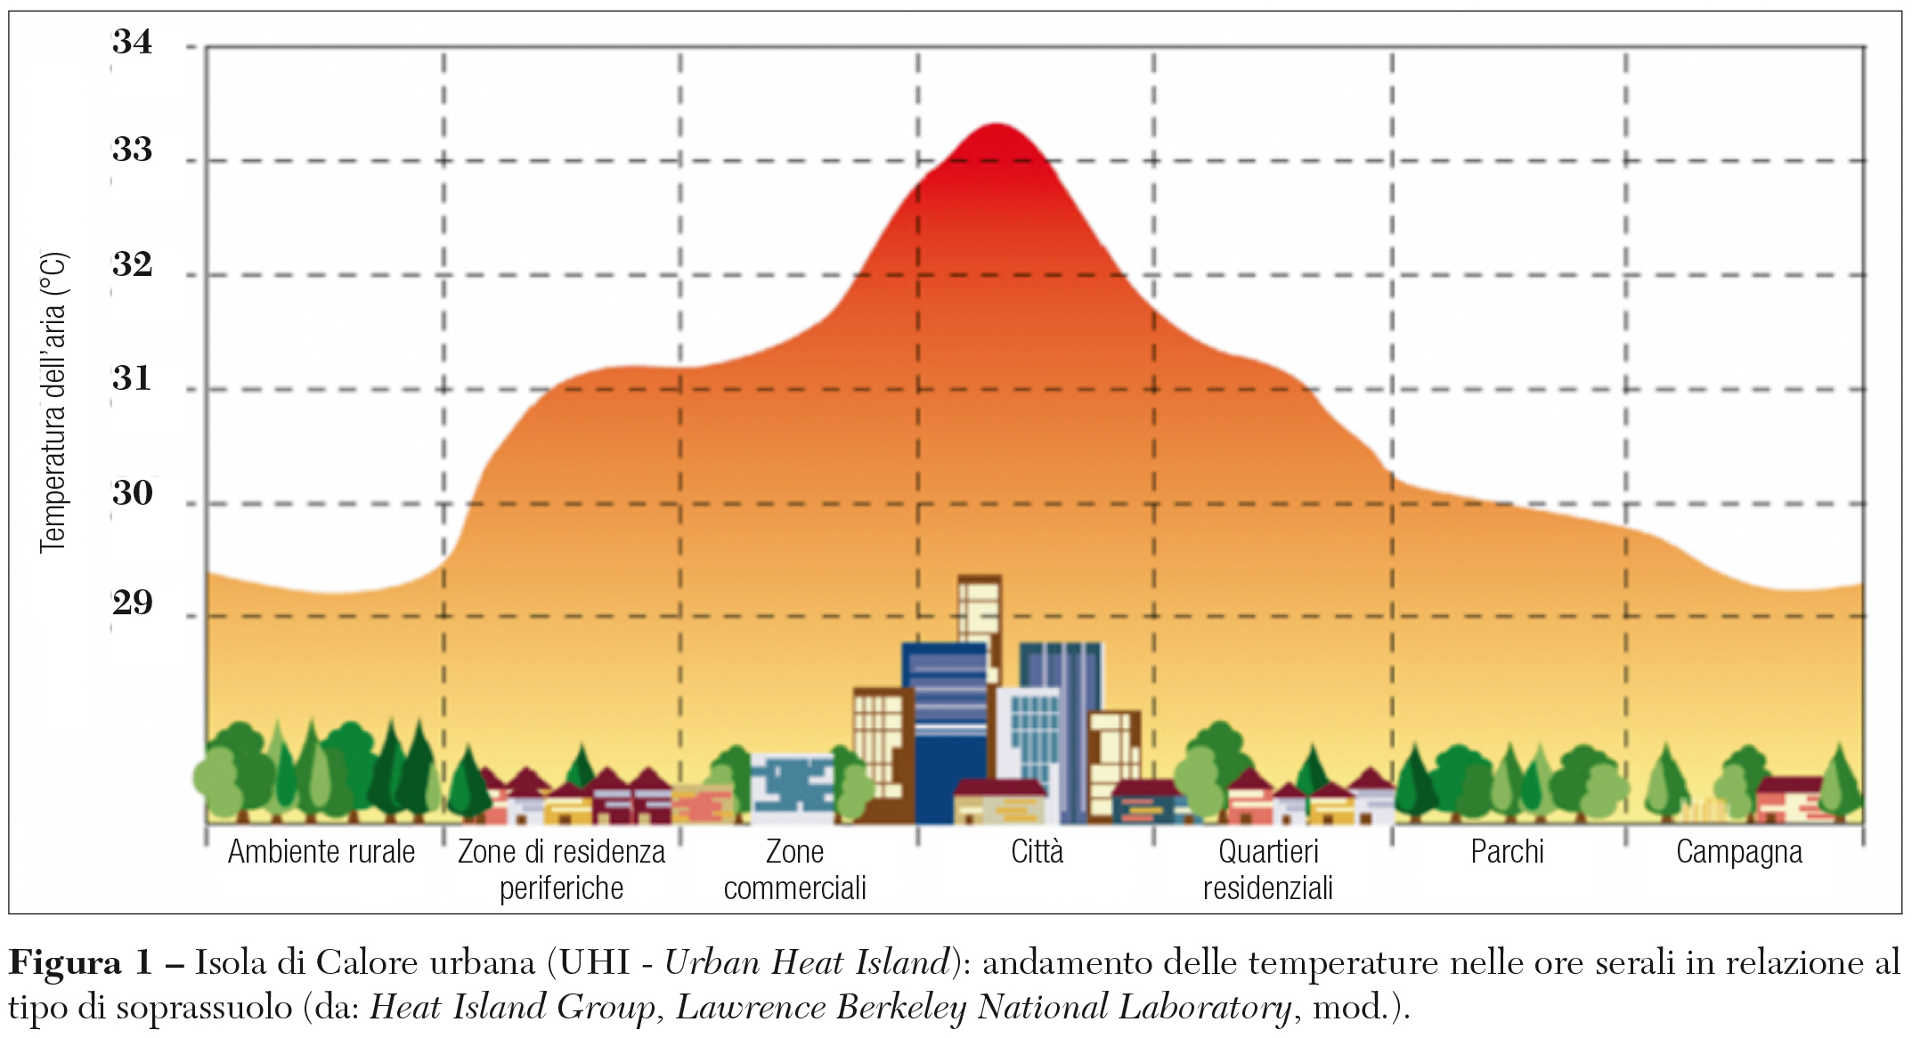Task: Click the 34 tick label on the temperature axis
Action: tap(132, 42)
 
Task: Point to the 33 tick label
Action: tap(132, 150)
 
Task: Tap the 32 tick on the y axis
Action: tap(132, 264)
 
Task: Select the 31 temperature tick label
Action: tap(132, 379)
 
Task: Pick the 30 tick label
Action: tap(132, 493)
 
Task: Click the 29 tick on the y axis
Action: tap(132, 604)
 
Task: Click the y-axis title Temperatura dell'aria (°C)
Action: tap(53, 402)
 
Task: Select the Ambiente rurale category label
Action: tap(321, 852)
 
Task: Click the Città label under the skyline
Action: tap(1037, 852)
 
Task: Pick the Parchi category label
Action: tap(1507, 852)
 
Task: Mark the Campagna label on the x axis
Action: tap(1738, 853)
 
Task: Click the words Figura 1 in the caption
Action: tap(80, 963)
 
